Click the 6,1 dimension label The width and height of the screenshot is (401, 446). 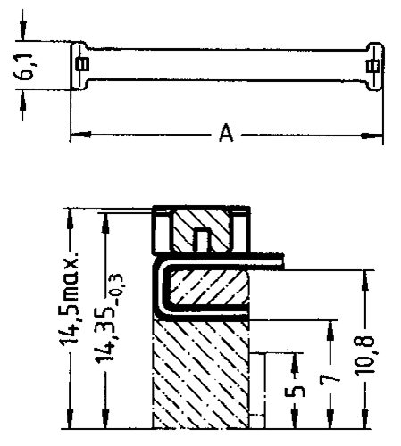point(23,68)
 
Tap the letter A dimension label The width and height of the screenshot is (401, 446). point(226,133)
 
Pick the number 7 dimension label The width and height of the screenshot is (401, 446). point(330,380)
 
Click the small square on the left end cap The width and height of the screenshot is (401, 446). point(82,64)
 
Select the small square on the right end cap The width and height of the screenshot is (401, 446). point(372,66)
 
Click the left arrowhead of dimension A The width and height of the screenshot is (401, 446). point(80,135)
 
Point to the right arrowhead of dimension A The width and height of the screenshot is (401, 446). point(372,136)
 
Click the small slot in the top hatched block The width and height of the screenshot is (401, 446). point(202,240)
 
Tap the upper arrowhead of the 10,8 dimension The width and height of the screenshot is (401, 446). point(366,281)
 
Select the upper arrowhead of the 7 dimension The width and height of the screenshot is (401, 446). point(330,331)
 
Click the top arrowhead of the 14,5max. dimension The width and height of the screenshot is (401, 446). point(71,219)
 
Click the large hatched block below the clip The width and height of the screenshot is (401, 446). point(201,375)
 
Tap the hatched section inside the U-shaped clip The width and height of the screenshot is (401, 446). point(208,287)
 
